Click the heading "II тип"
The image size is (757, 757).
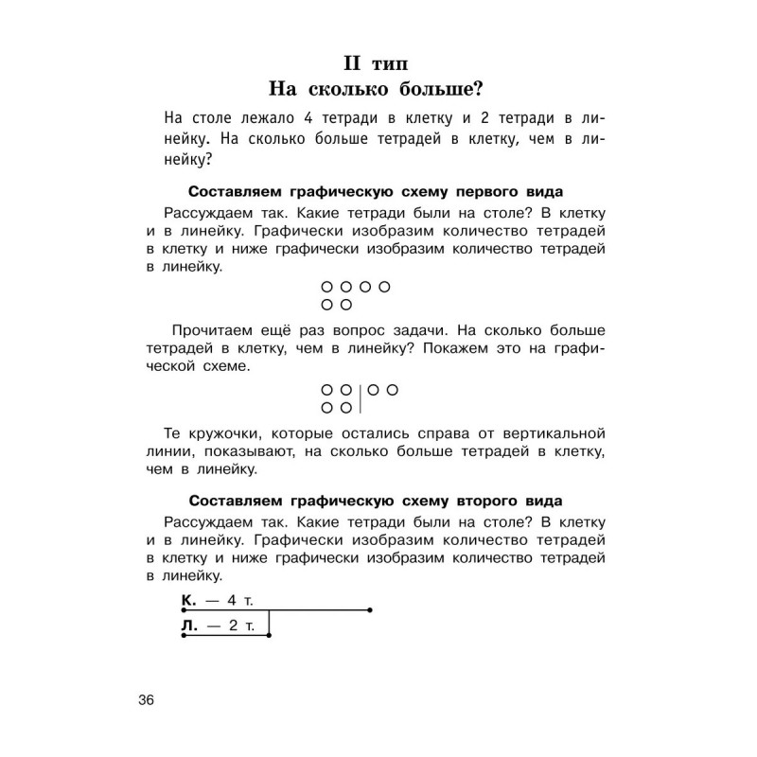[x=378, y=64]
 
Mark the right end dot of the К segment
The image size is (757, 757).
[x=369, y=610]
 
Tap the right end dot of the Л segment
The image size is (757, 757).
[x=269, y=636]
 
